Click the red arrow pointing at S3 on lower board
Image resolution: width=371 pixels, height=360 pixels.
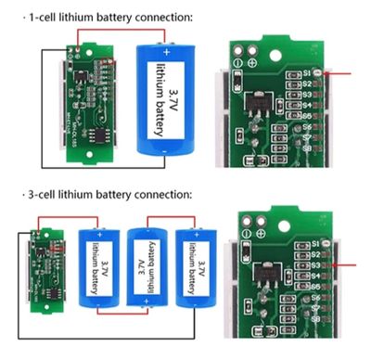point(348,265)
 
